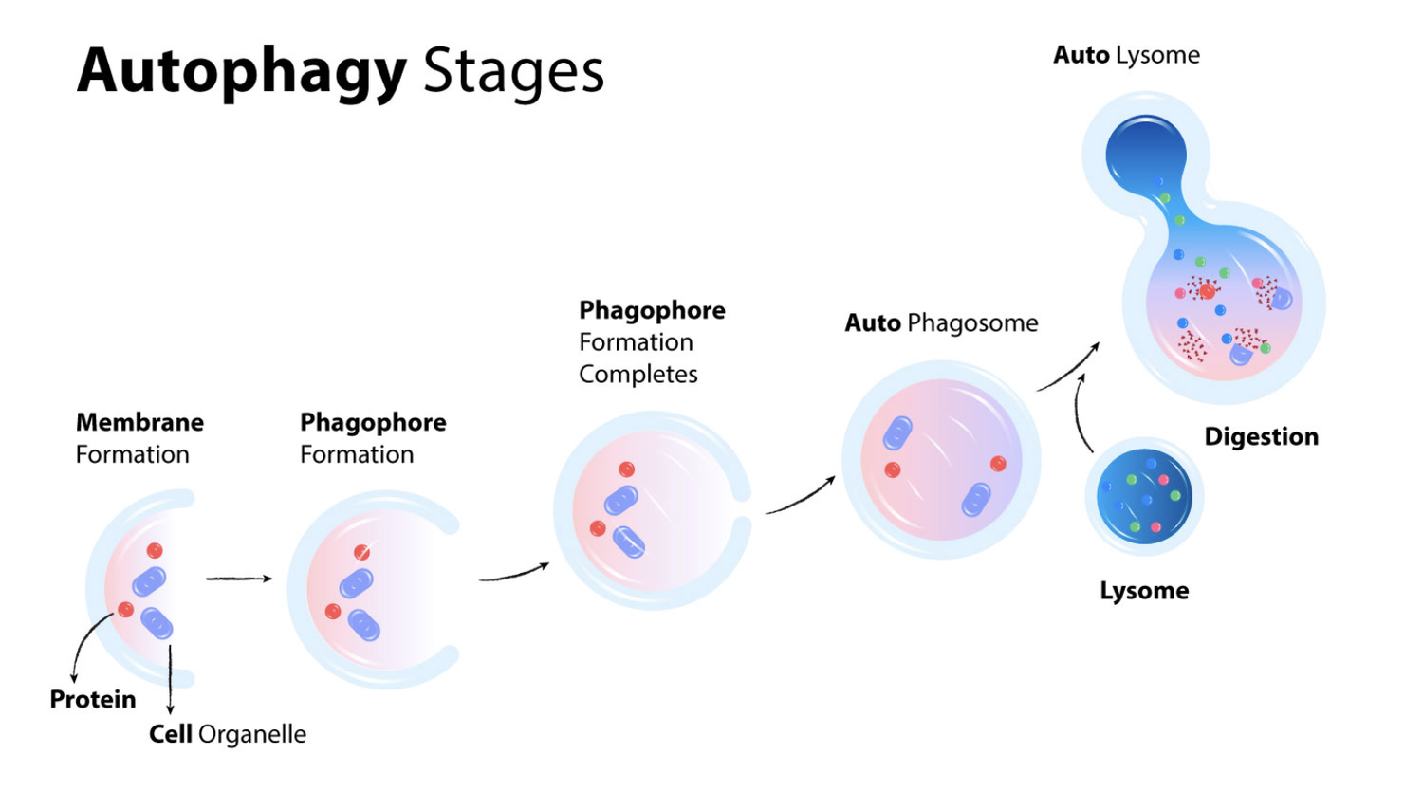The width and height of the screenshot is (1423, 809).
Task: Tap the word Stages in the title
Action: [513, 71]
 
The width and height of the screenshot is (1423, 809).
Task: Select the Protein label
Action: [93, 699]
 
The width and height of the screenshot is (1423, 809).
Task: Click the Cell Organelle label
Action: [228, 734]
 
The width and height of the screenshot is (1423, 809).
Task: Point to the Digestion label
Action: [1261, 436]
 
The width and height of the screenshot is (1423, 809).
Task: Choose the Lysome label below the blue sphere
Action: [1144, 590]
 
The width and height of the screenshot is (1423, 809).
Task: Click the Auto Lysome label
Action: [1126, 55]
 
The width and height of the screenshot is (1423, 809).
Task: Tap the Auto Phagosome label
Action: [941, 322]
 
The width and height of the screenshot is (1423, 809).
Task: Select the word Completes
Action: [638, 374]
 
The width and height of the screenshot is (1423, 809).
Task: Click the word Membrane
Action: [139, 422]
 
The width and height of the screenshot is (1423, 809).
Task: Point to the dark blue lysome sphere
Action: [1144, 496]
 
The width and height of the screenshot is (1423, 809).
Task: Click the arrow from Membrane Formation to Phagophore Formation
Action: [239, 579]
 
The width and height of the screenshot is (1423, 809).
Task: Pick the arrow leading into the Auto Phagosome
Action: [801, 497]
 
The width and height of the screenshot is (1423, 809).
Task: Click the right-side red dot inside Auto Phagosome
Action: [998, 464]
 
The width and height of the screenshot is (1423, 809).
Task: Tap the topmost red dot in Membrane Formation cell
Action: [155, 551]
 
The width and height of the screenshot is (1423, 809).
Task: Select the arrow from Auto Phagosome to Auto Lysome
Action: [1068, 367]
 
